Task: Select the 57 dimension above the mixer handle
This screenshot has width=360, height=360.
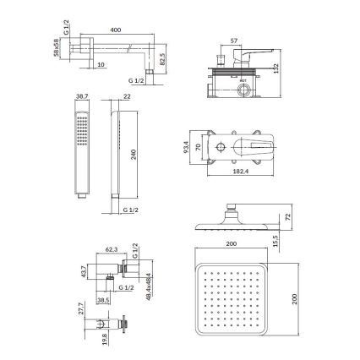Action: point(235,40)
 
